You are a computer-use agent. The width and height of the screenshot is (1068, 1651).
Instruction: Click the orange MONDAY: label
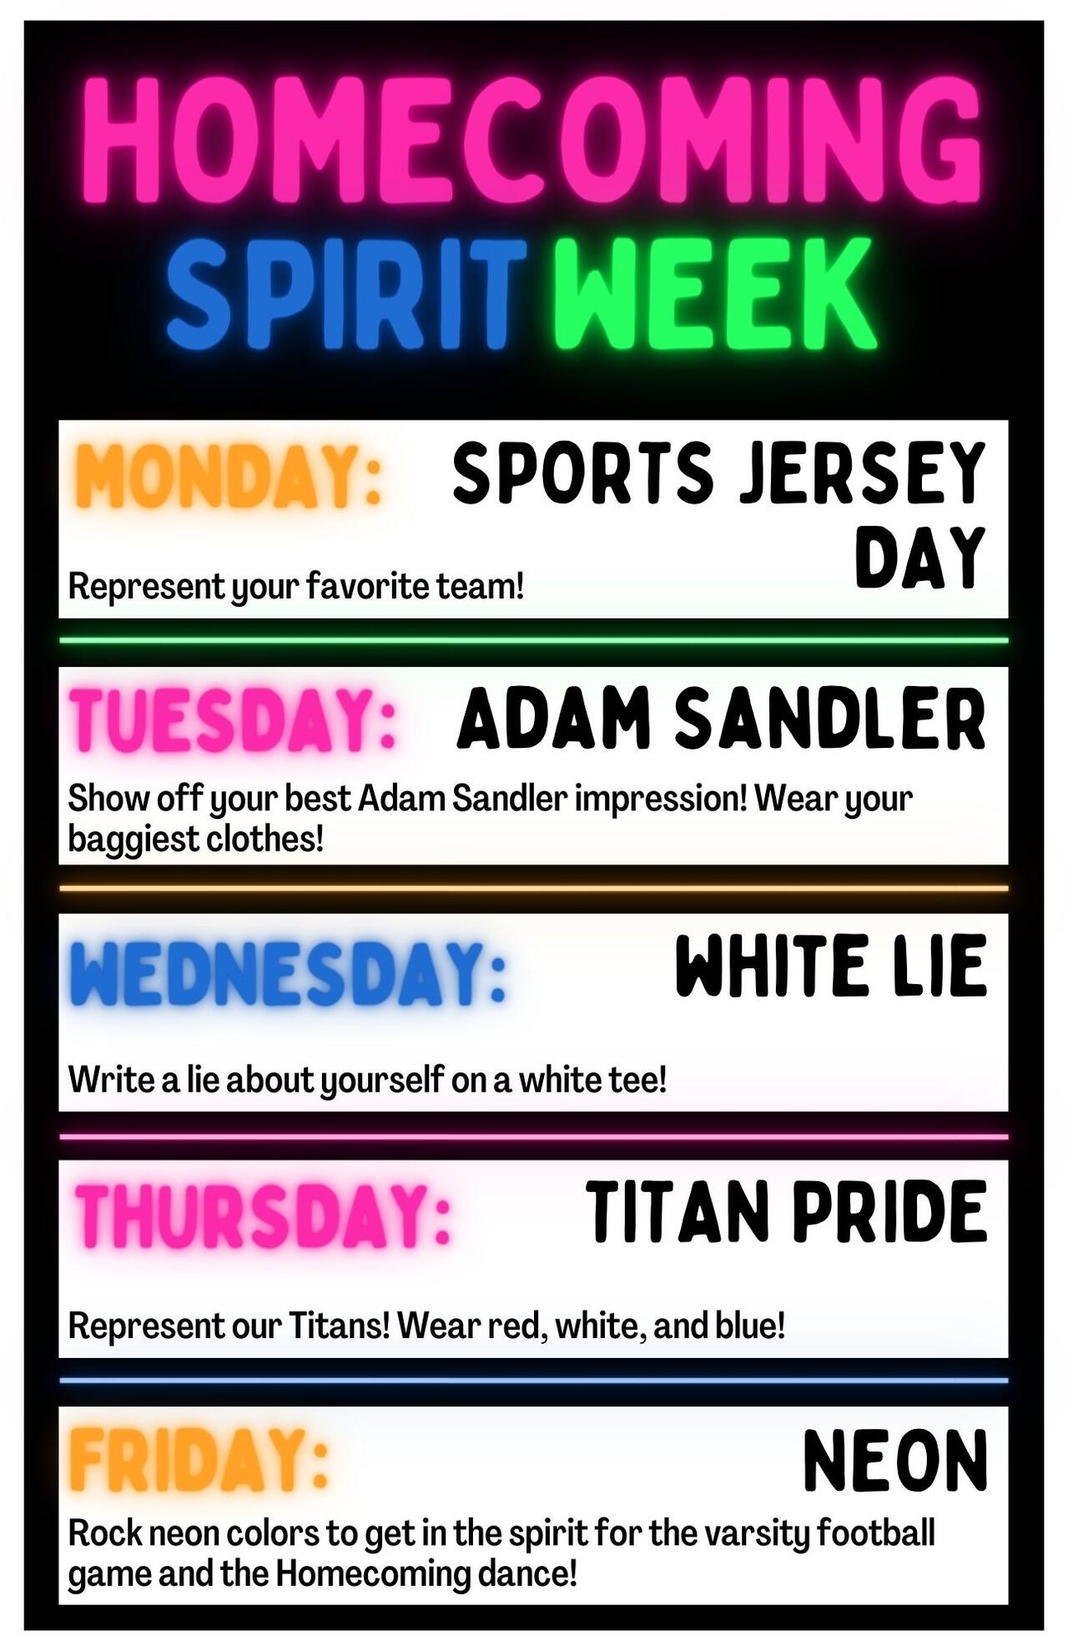228,477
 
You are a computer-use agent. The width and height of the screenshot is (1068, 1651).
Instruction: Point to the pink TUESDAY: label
233,720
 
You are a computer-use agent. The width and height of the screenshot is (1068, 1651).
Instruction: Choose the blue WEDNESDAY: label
289,972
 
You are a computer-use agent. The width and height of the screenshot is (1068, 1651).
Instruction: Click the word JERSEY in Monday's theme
864,473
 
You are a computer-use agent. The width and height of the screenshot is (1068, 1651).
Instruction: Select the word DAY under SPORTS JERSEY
920,557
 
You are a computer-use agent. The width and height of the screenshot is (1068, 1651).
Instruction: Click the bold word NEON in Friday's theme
895,1460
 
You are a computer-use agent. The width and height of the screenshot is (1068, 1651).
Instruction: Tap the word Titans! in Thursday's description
340,1325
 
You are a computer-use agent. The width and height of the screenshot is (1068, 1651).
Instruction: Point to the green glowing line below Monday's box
534,641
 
